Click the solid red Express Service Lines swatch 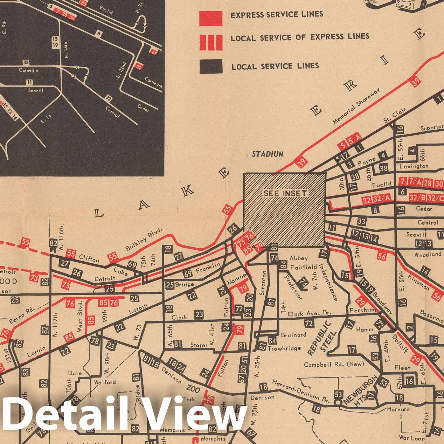point(211,18)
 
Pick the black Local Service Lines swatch point(211,67)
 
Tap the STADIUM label point(268,154)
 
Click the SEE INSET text point(285,194)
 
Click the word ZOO point(193,389)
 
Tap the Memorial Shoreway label point(356,106)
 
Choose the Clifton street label point(89,259)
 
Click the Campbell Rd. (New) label point(334,364)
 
